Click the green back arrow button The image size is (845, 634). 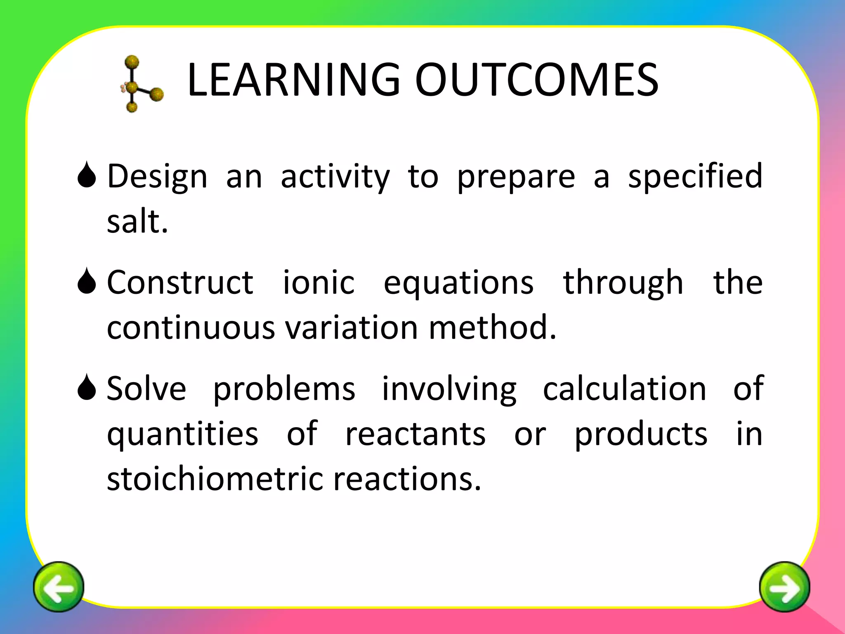pos(59,587)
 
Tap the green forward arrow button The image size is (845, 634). pos(784,587)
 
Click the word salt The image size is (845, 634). pos(137,222)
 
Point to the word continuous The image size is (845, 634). pos(191,328)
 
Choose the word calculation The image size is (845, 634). pos(624,389)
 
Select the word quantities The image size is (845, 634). pos(182,435)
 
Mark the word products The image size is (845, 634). pos(641,435)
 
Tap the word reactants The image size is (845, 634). pos(415,435)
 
